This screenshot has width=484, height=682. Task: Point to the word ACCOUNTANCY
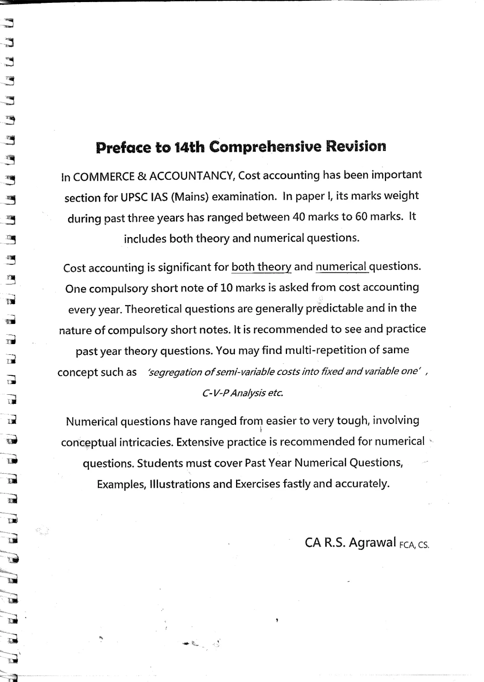pos(191,176)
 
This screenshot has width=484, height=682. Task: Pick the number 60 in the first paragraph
pos(361,216)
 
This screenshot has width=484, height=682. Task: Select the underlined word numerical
pos(341,267)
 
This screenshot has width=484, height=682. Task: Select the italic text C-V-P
pos(215,393)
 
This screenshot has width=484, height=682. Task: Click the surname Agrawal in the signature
pos(372,542)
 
